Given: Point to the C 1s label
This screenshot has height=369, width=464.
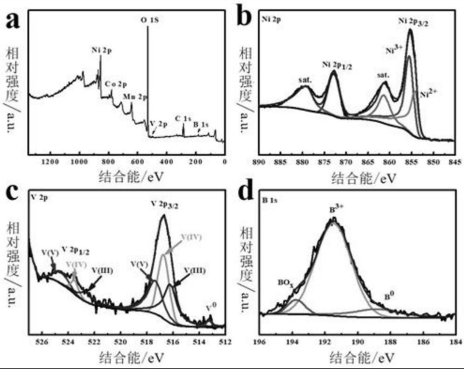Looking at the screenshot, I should [x=183, y=118].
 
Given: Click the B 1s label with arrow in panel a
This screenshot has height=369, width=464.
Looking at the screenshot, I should [x=200, y=124].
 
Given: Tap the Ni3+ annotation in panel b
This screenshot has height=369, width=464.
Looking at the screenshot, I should [x=392, y=49].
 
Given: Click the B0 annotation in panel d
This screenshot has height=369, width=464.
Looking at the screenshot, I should [x=387, y=296].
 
